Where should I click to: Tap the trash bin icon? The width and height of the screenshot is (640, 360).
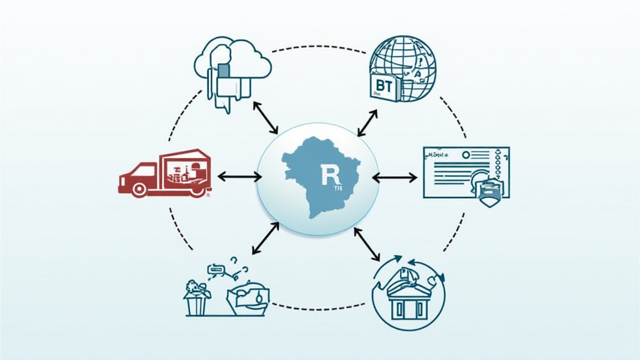(195, 303)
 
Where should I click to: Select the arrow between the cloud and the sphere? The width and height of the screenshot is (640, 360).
(265, 118)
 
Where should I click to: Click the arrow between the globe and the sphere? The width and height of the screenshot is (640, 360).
(367, 122)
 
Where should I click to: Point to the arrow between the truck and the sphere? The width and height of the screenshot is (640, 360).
(239, 177)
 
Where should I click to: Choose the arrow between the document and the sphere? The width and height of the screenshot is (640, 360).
(394, 177)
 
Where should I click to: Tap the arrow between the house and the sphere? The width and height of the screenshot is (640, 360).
(366, 244)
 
